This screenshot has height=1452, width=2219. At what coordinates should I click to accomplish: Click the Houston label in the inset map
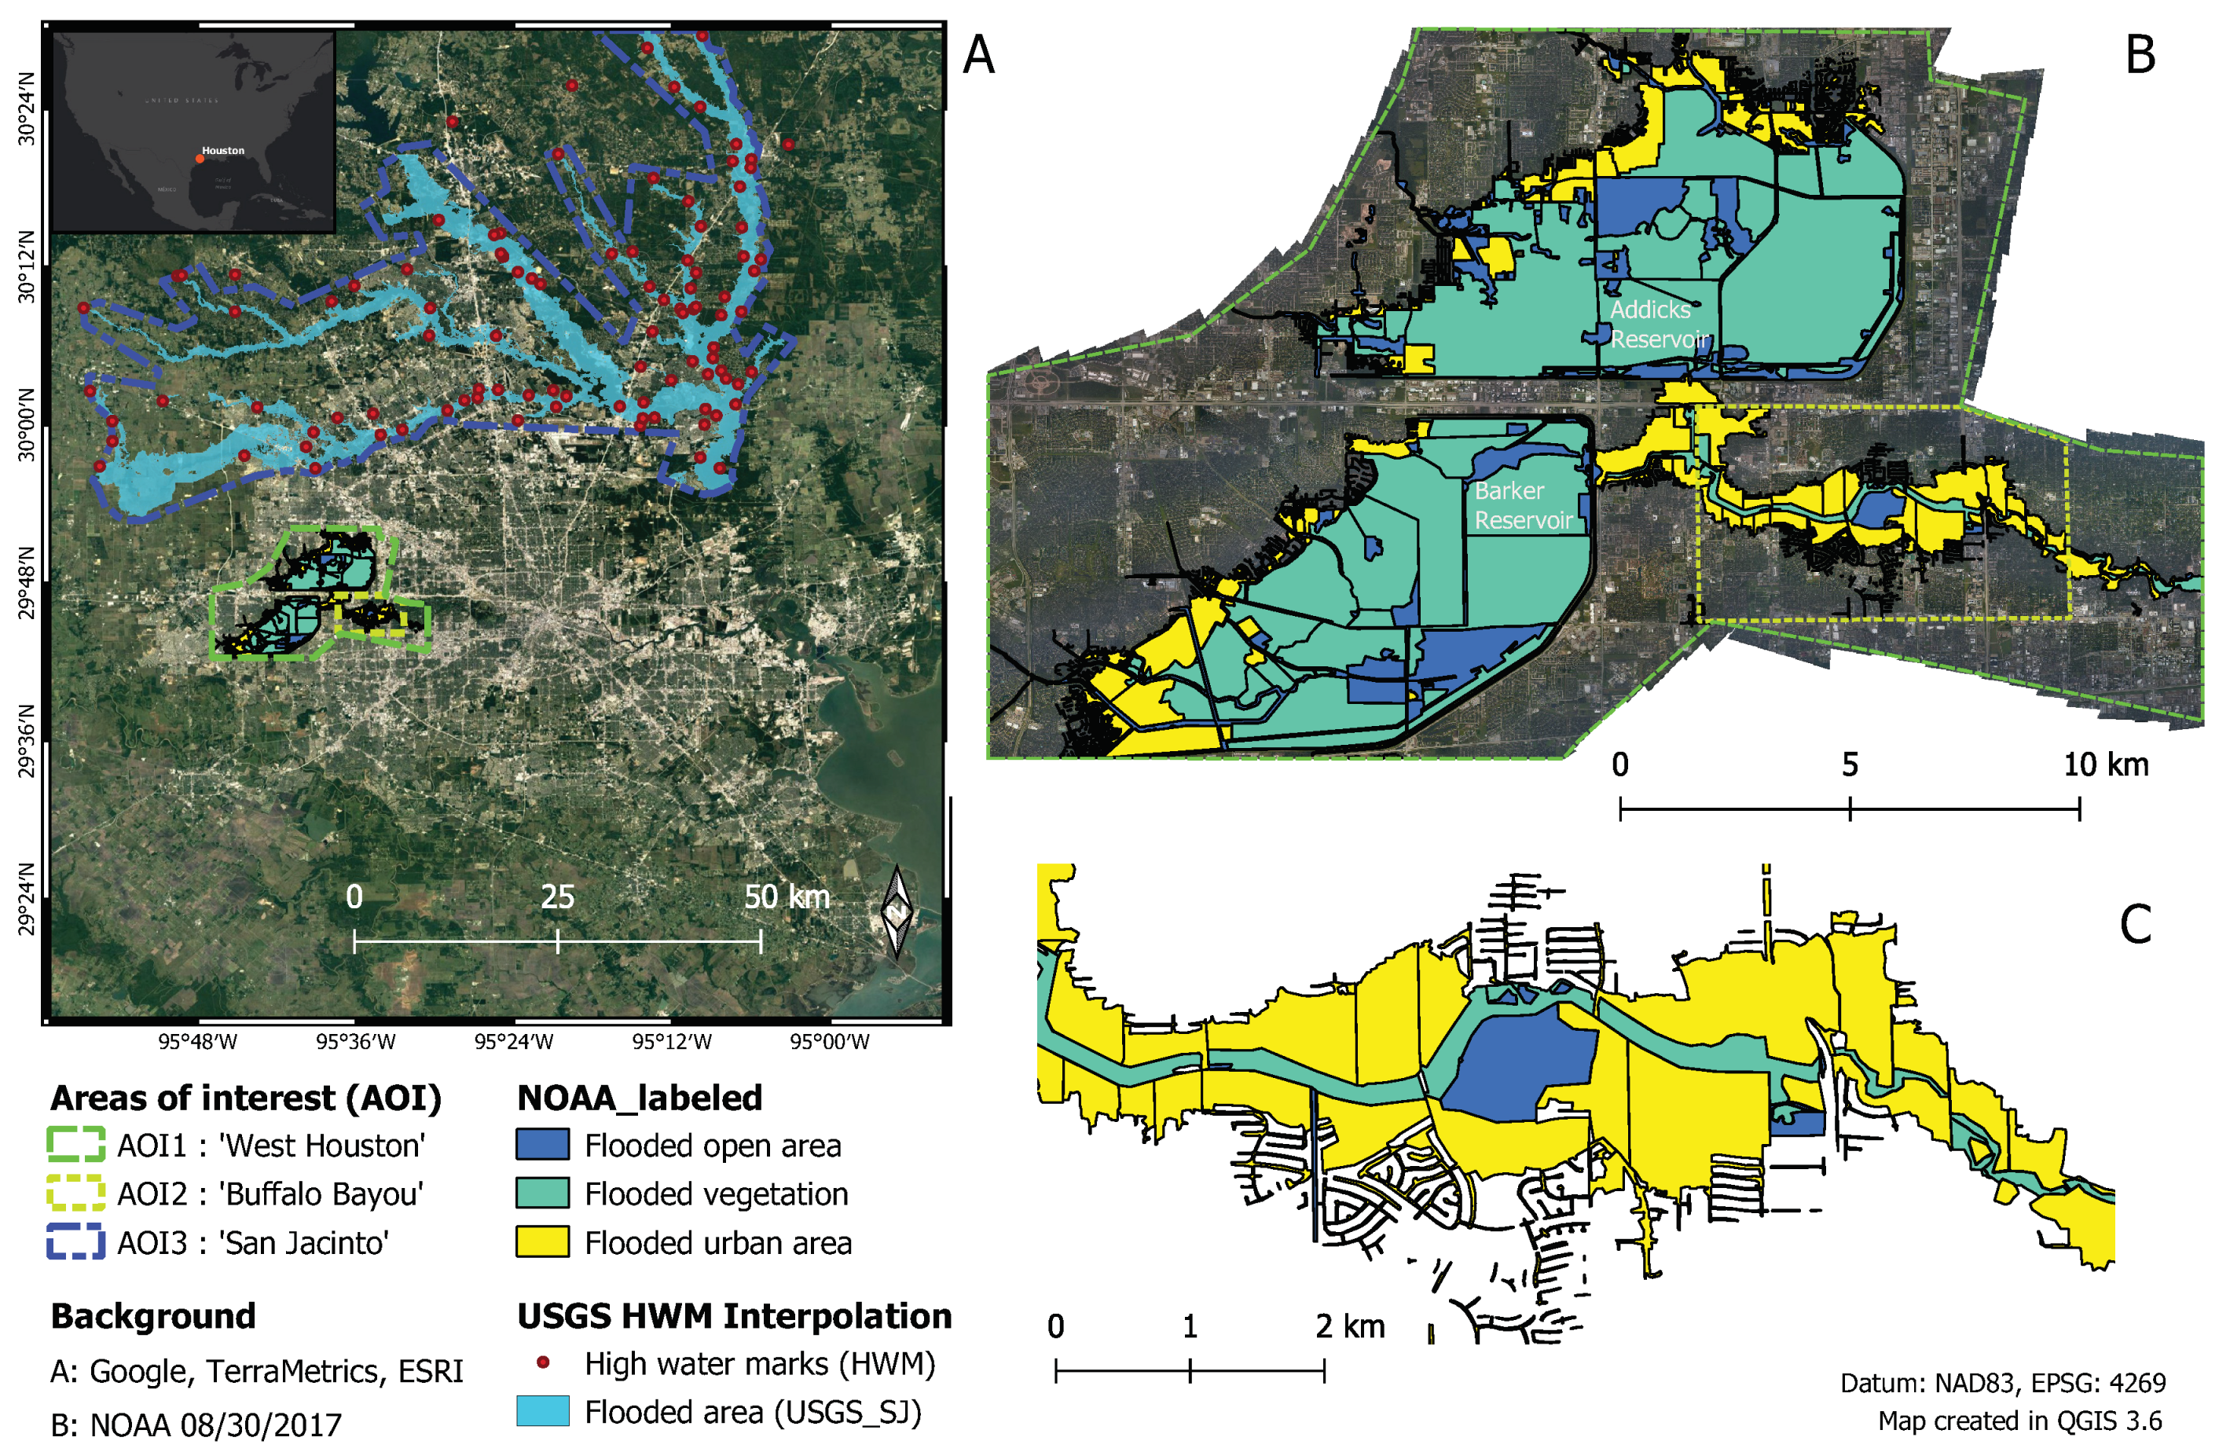(x=223, y=150)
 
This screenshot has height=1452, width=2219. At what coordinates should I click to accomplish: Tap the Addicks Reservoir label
(x=1659, y=324)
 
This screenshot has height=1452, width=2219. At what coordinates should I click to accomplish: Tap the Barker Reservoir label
(x=1523, y=504)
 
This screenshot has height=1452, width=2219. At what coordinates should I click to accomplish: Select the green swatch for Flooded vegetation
(x=543, y=1193)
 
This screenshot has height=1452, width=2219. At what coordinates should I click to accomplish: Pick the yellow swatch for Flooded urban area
(x=543, y=1242)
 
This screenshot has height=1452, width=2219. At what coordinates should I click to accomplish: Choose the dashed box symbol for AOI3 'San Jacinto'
(x=75, y=1242)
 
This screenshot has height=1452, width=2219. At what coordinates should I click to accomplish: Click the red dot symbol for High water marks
(x=543, y=1363)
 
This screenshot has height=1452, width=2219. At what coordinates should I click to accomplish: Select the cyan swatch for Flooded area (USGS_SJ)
(x=543, y=1412)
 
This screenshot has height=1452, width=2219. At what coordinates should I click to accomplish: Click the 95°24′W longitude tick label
(x=514, y=1042)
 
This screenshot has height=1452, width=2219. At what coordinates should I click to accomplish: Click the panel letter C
(x=2135, y=924)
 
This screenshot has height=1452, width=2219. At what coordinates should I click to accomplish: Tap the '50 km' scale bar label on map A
(x=786, y=897)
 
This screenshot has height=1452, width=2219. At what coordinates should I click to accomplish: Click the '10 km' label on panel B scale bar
(x=2105, y=764)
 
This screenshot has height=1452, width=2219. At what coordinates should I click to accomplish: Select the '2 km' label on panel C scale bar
(x=1349, y=1326)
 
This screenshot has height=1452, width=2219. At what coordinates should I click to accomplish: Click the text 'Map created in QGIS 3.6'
(x=2019, y=1421)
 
